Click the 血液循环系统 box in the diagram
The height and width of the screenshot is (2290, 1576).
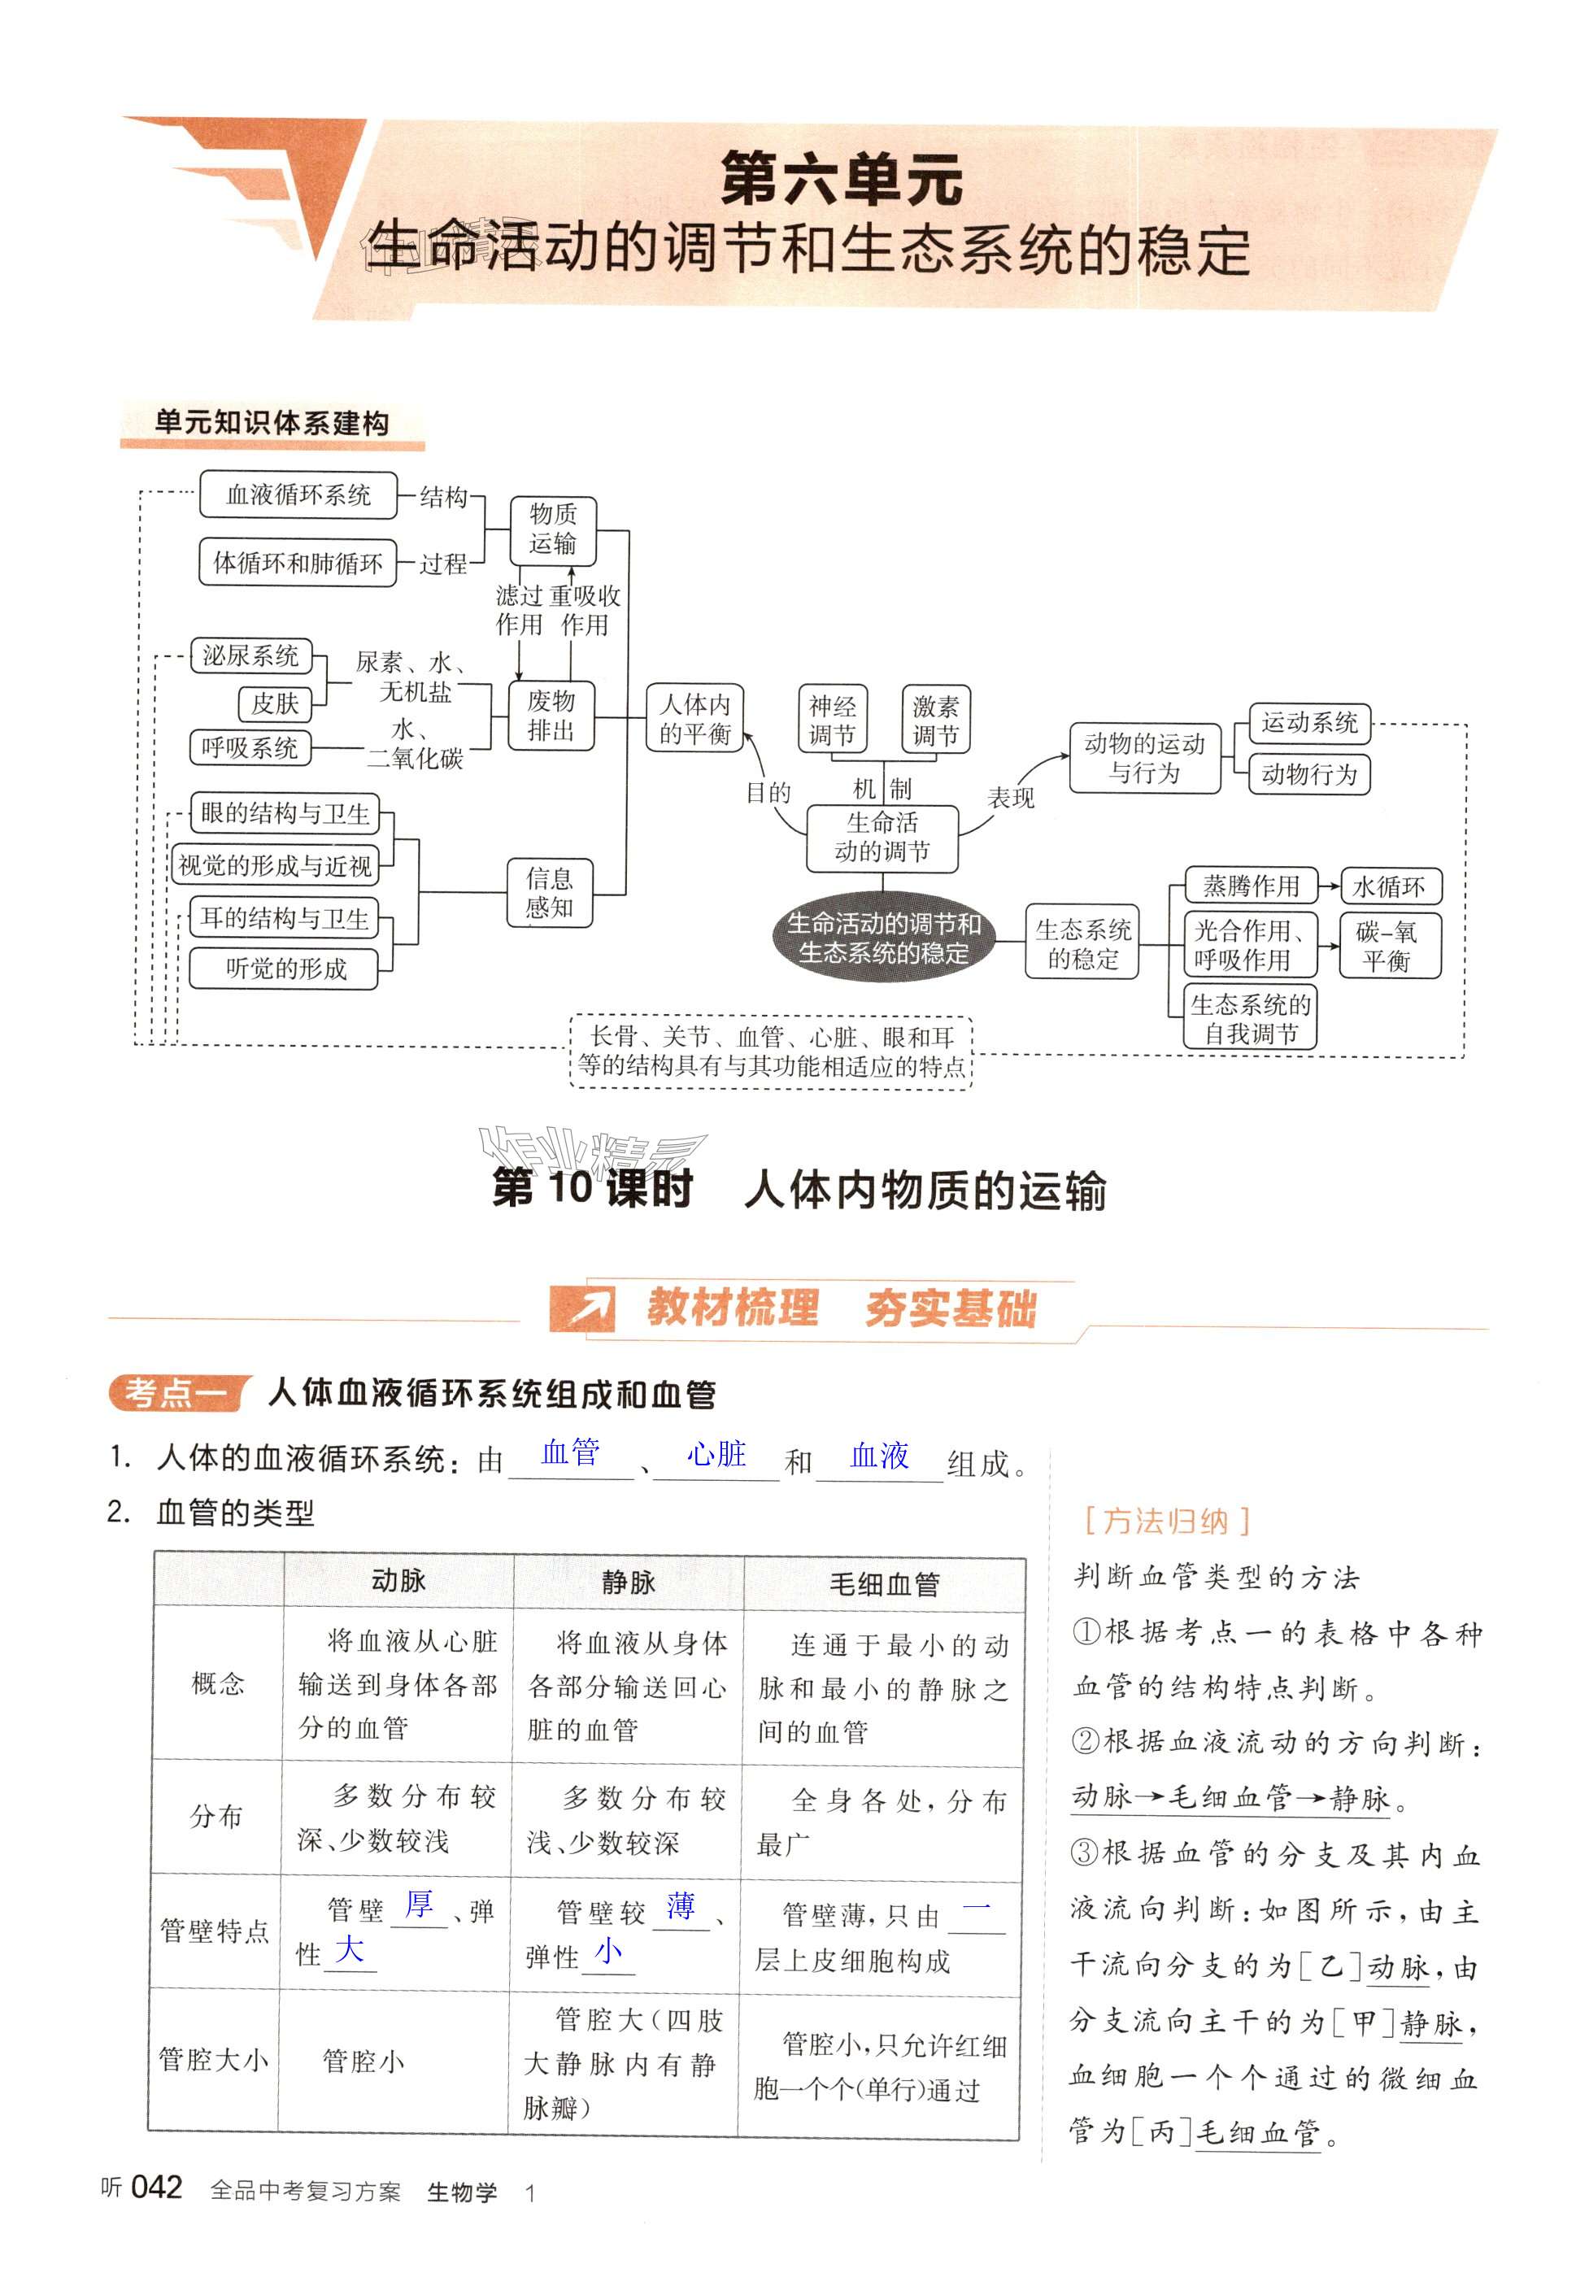click(x=298, y=494)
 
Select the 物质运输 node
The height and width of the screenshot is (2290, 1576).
click(x=552, y=529)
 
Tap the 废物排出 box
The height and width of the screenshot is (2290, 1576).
click(x=551, y=716)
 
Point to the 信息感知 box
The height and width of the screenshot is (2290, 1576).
click(x=549, y=893)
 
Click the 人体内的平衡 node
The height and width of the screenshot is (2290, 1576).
click(x=695, y=719)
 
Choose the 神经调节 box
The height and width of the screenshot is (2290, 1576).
click(x=833, y=720)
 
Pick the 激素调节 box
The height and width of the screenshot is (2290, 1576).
click(x=935, y=720)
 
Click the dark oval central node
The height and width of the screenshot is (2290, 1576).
click(x=883, y=938)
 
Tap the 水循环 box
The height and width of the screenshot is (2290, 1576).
click(x=1388, y=886)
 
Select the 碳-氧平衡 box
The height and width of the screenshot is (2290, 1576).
click(x=1388, y=946)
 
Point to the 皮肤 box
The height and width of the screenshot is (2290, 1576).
click(x=275, y=703)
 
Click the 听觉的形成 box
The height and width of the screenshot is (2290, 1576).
click(x=285, y=969)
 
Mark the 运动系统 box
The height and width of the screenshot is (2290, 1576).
click(x=1309, y=723)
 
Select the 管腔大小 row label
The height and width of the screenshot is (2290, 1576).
click(x=213, y=2060)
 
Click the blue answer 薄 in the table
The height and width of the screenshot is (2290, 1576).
click(x=681, y=1906)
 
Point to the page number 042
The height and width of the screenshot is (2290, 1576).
click(x=157, y=2188)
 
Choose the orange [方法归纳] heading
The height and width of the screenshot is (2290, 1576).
click(x=1166, y=1521)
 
